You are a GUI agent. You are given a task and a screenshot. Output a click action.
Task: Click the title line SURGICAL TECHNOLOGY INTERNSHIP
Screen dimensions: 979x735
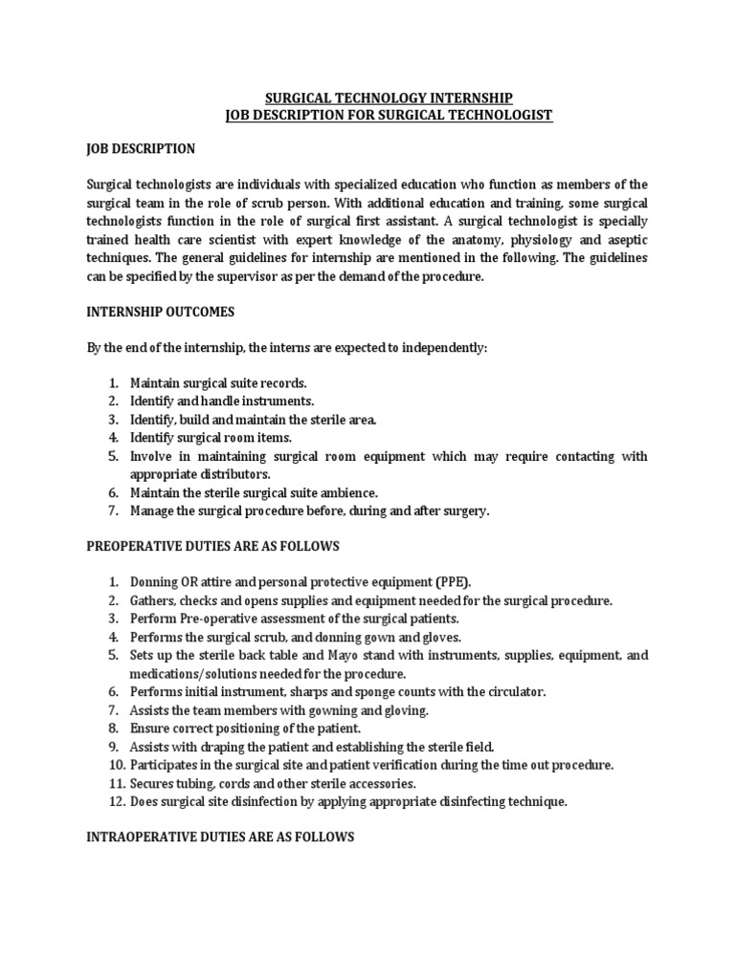pyautogui.click(x=388, y=98)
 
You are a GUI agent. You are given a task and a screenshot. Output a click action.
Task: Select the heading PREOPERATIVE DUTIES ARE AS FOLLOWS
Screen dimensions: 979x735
pyautogui.click(x=212, y=546)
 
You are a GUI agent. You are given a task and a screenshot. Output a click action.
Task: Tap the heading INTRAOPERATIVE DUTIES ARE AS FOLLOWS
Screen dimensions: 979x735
pyautogui.click(x=220, y=837)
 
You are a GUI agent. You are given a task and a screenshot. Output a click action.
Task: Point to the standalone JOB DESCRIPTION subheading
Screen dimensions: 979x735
pyautogui.click(x=140, y=149)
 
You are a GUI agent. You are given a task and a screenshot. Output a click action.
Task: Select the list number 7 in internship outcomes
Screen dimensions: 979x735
pyautogui.click(x=112, y=511)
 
